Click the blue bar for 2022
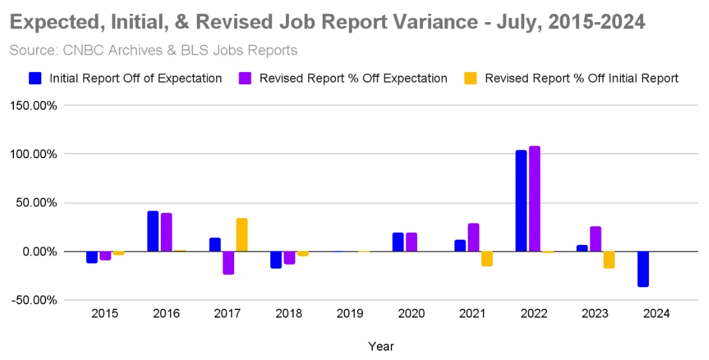[x=521, y=201]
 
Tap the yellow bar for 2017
[x=241, y=235]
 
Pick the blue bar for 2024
[x=643, y=269]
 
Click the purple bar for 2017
[x=229, y=263]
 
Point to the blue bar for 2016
[x=153, y=231]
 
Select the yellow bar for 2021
[x=487, y=259]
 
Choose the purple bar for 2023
[x=595, y=239]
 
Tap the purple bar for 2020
[x=411, y=242]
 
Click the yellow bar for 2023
[x=609, y=259]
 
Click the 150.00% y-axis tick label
[x=35, y=106]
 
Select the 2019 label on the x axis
[x=350, y=314]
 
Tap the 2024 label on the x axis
[x=656, y=314]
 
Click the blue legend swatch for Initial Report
[x=35, y=78]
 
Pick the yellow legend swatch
[x=470, y=78]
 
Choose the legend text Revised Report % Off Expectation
[x=353, y=78]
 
